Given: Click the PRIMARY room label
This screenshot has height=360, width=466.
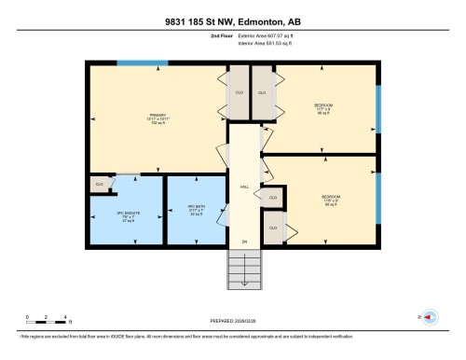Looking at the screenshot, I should click(x=131, y=118).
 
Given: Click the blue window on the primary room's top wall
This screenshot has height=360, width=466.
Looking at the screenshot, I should click(x=142, y=62).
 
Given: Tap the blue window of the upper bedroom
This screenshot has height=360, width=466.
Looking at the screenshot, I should click(x=377, y=109).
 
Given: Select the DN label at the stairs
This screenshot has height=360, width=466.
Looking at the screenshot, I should click(x=244, y=242).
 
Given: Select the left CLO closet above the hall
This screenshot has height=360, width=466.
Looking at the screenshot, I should click(x=238, y=93).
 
